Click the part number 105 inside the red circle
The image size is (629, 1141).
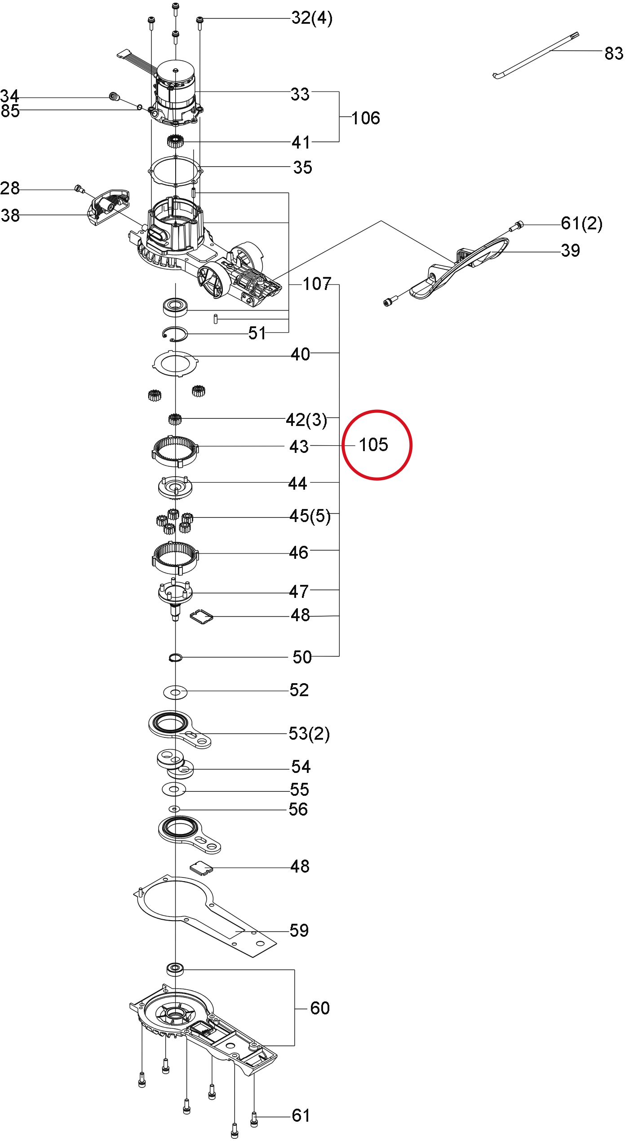pyautogui.click(x=373, y=445)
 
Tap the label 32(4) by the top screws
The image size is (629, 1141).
pyautogui.click(x=312, y=18)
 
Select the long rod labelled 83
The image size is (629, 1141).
pyautogui.click(x=536, y=55)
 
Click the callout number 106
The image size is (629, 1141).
pyautogui.click(x=366, y=118)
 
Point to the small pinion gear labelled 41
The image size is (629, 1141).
pyautogui.click(x=175, y=142)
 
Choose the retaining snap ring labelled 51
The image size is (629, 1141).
pyautogui.click(x=175, y=334)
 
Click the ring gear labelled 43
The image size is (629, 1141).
pyautogui.click(x=175, y=451)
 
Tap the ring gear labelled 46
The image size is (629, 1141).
pyautogui.click(x=175, y=557)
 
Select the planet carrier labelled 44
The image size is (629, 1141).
pyautogui.click(x=175, y=487)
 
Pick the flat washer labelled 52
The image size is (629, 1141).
pyautogui.click(x=175, y=692)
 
